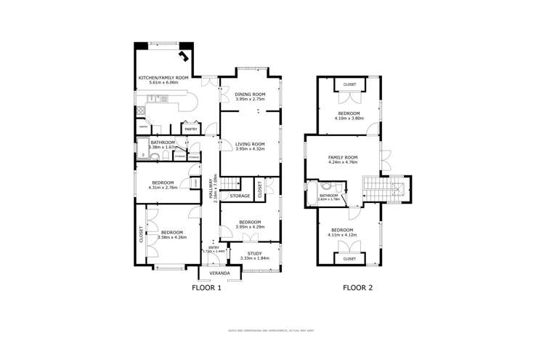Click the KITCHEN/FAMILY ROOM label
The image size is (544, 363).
pyautogui.click(x=163, y=77)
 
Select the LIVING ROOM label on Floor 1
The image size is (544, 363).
pyautogui.click(x=249, y=144)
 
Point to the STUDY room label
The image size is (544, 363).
pyautogui.click(x=253, y=253)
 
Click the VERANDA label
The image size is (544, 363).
pyautogui.click(x=219, y=273)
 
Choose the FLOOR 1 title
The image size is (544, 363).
pyautogui.click(x=206, y=288)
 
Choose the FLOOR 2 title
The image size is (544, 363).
pyautogui.click(x=357, y=288)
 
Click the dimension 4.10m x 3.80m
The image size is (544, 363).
pyautogui.click(x=348, y=118)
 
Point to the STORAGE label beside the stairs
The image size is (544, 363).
pyautogui.click(x=240, y=196)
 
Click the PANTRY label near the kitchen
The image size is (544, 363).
pyautogui.click(x=191, y=129)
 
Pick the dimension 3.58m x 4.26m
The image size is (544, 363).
pyautogui.click(x=163, y=237)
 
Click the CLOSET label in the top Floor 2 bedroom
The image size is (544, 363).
pyautogui.click(x=349, y=84)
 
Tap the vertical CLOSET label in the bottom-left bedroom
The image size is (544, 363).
pyautogui.click(x=141, y=234)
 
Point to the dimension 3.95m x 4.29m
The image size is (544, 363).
pyautogui.click(x=249, y=226)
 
